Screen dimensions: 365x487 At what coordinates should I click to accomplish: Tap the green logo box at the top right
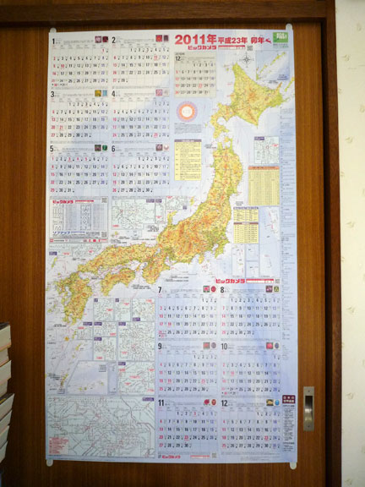(280, 39)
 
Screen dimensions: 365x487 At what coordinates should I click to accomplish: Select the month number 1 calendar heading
(52, 39)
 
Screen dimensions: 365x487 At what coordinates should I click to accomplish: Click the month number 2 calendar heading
(113, 39)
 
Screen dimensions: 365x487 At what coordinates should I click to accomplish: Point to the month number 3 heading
(52, 94)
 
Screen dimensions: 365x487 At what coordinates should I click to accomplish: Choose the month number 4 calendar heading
(113, 94)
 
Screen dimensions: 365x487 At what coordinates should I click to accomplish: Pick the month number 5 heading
(52, 150)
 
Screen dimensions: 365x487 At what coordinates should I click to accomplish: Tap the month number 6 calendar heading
(113, 150)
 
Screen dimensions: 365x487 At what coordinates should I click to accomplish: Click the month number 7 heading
(159, 290)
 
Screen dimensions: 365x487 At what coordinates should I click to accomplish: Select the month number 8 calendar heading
(222, 290)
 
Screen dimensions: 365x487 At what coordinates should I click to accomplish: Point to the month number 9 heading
(159, 346)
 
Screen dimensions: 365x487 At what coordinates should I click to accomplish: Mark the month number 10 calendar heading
(224, 346)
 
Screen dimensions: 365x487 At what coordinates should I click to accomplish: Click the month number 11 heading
(160, 402)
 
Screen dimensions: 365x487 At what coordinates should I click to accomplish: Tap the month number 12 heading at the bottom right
(224, 402)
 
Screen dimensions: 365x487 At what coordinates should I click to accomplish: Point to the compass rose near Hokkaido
(247, 60)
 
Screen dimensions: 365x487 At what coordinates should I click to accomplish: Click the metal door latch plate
(308, 408)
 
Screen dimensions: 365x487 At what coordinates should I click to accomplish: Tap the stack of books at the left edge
(6, 380)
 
